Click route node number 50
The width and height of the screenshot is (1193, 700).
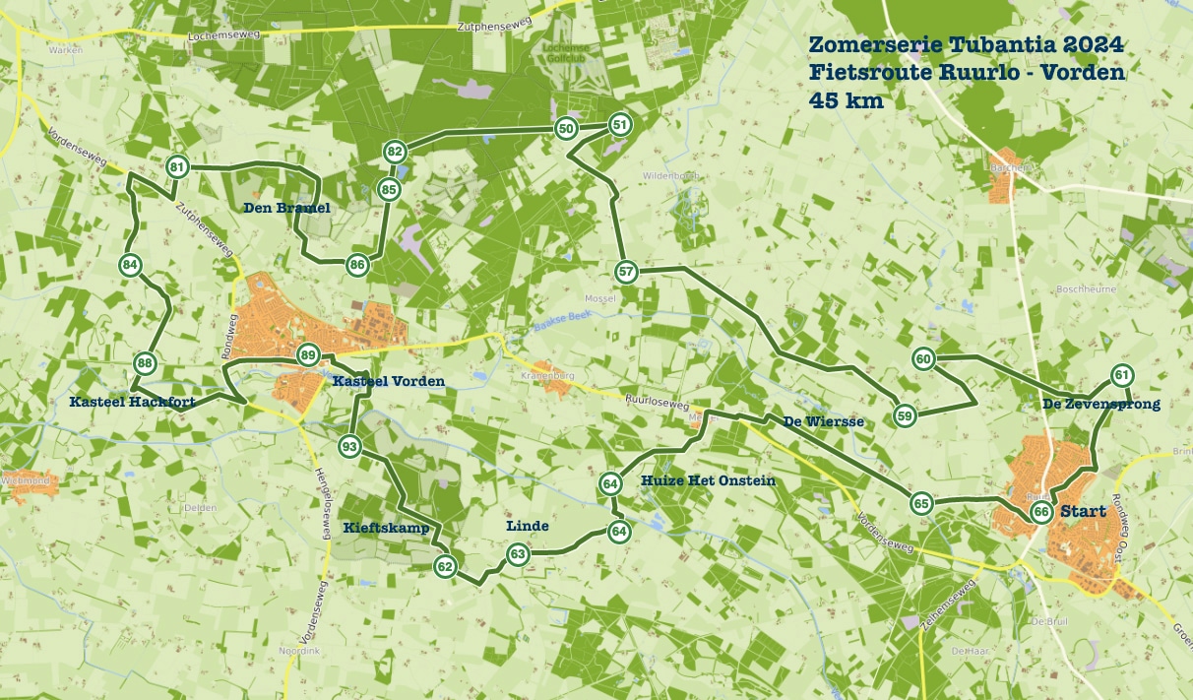click(566, 128)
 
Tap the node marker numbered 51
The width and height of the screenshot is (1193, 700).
click(619, 124)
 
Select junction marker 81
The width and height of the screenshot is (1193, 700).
click(177, 167)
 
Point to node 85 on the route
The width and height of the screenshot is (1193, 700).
click(389, 189)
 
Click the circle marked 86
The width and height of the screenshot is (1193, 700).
click(357, 264)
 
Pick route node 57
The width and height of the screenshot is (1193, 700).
click(626, 272)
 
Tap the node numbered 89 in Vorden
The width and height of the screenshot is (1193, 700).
click(308, 355)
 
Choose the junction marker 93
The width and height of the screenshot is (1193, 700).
click(348, 447)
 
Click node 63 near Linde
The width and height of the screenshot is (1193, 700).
click(518, 555)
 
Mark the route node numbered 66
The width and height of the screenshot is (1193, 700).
click(1040, 513)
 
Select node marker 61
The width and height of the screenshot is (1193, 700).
click(1121, 375)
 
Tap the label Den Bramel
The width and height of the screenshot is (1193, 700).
click(286, 208)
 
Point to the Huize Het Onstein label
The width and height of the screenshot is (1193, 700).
click(708, 480)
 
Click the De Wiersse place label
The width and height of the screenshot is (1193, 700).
click(823, 421)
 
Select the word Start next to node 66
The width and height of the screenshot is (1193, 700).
click(1083, 512)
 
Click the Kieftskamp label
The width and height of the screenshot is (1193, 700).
click(386, 528)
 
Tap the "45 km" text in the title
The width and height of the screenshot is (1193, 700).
click(846, 100)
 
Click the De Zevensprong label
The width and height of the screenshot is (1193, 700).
click(1100, 404)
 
